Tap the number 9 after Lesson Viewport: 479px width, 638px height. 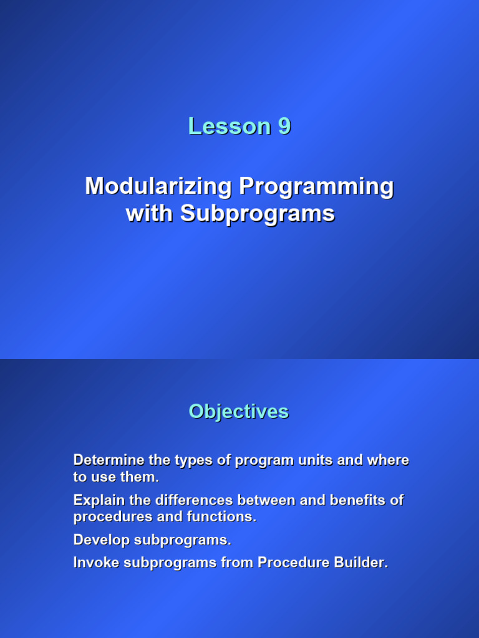(284, 126)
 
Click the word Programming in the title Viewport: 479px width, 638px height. (317, 186)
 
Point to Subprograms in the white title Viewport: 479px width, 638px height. (258, 214)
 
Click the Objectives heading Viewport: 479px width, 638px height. (239, 411)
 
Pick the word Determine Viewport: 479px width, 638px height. (108, 460)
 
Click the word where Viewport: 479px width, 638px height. (388, 460)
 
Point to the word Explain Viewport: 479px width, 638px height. (97, 500)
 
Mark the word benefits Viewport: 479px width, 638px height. (359, 500)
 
